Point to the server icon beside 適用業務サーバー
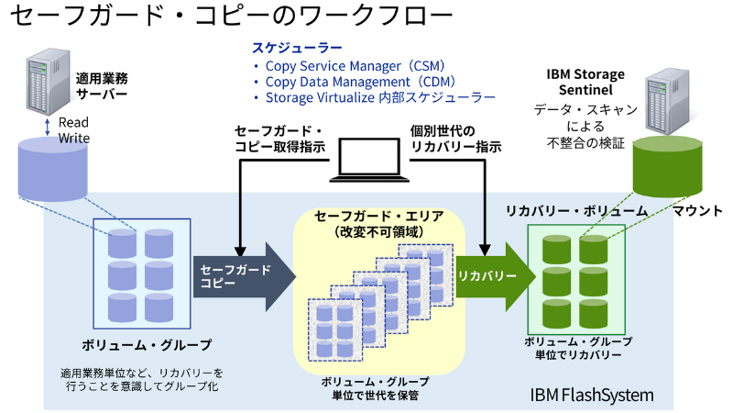[38, 83]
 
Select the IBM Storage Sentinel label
[585, 81]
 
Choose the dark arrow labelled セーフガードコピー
[243, 276]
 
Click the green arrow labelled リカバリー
[495, 276]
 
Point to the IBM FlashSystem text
[592, 396]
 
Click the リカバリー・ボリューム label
[577, 210]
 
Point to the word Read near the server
[73, 122]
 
